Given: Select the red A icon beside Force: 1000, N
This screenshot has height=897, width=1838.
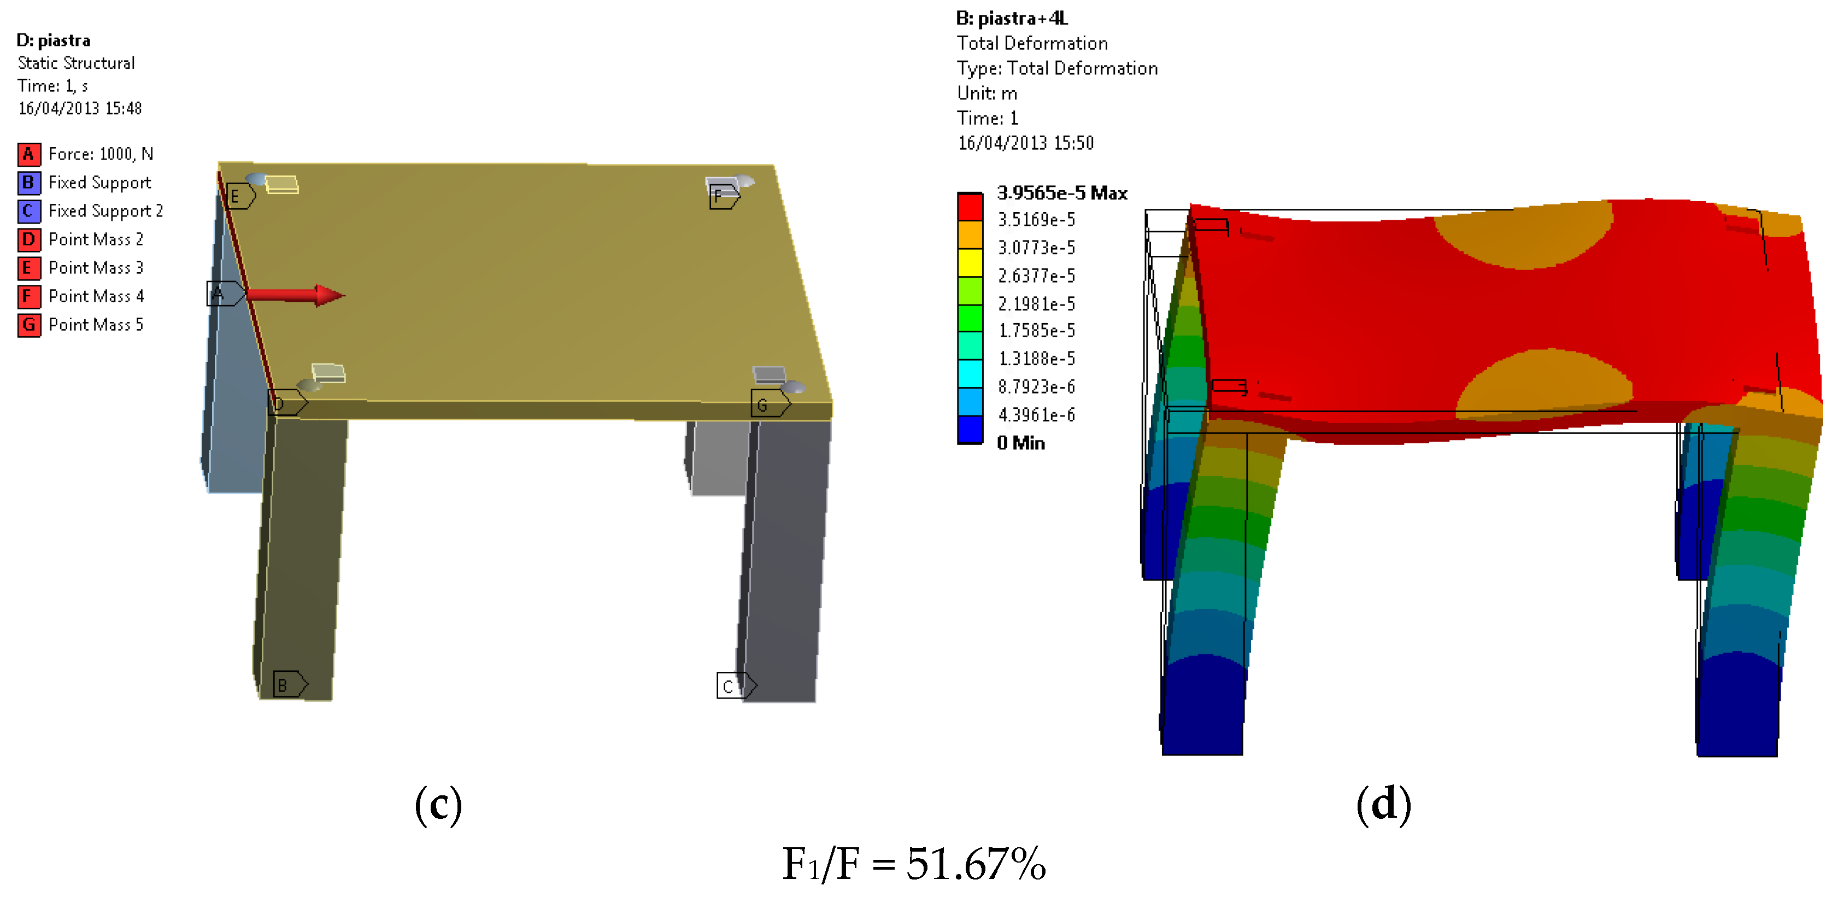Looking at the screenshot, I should coord(28,154).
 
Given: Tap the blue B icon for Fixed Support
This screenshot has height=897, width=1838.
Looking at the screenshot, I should coord(28,183).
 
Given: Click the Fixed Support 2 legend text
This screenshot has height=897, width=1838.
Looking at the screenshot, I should coord(105,211).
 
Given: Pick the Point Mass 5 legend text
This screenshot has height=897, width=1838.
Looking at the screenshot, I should coord(96,325).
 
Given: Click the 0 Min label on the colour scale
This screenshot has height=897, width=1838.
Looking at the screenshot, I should coord(1020,443).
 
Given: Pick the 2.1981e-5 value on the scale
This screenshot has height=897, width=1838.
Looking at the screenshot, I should coord(1036,304).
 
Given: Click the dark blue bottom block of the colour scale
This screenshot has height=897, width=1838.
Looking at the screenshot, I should coord(970,430).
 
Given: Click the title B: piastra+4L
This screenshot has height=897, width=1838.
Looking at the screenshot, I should coord(1011,19).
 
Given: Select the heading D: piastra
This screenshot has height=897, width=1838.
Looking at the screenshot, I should coord(54,40).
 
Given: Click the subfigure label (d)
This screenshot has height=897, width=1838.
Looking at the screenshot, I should coord(1383,804).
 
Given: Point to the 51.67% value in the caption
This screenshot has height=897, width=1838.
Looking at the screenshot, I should coord(976,864).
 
